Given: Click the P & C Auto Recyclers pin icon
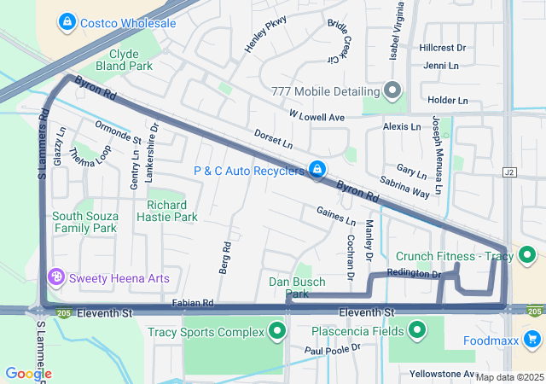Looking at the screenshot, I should click(x=317, y=171).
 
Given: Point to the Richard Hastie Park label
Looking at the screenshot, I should click(x=172, y=211).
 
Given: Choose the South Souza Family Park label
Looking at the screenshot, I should click(x=84, y=222).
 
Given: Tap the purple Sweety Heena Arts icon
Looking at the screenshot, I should click(x=57, y=278).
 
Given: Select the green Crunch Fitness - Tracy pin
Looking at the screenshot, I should click(x=527, y=254).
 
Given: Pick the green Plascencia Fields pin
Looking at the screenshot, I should click(x=417, y=330).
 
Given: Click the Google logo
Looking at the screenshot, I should click(x=28, y=374).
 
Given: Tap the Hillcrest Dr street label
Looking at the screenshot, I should click(x=442, y=49).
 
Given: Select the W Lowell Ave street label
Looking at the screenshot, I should click(x=317, y=116).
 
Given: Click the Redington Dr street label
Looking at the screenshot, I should click(x=413, y=274).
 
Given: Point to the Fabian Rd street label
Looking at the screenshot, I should click(x=192, y=303).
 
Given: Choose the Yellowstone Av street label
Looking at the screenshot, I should click(x=441, y=374).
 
